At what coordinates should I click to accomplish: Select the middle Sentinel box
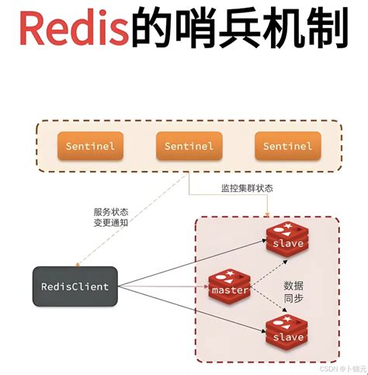tap(189, 146)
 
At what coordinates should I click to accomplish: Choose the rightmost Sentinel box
tap(287, 146)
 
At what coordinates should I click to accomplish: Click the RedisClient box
tap(75, 286)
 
